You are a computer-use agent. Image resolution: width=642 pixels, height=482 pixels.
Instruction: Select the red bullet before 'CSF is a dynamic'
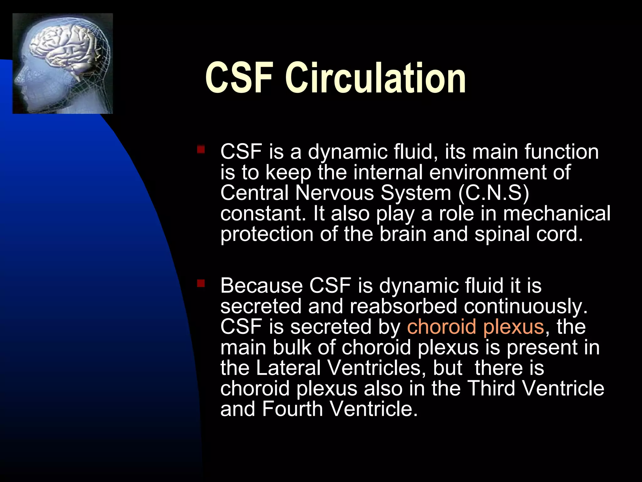[201, 149]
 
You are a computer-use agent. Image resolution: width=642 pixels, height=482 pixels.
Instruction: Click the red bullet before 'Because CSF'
[201, 284]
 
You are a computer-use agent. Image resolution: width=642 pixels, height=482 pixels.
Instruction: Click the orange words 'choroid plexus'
[475, 327]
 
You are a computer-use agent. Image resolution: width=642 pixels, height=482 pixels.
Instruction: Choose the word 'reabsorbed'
[403, 306]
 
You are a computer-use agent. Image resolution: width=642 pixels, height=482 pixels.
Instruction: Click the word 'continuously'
[525, 307]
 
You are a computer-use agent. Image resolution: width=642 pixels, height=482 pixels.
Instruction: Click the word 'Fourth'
[292, 409]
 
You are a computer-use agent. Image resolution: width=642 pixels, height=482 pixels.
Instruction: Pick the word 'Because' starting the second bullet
[261, 286]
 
